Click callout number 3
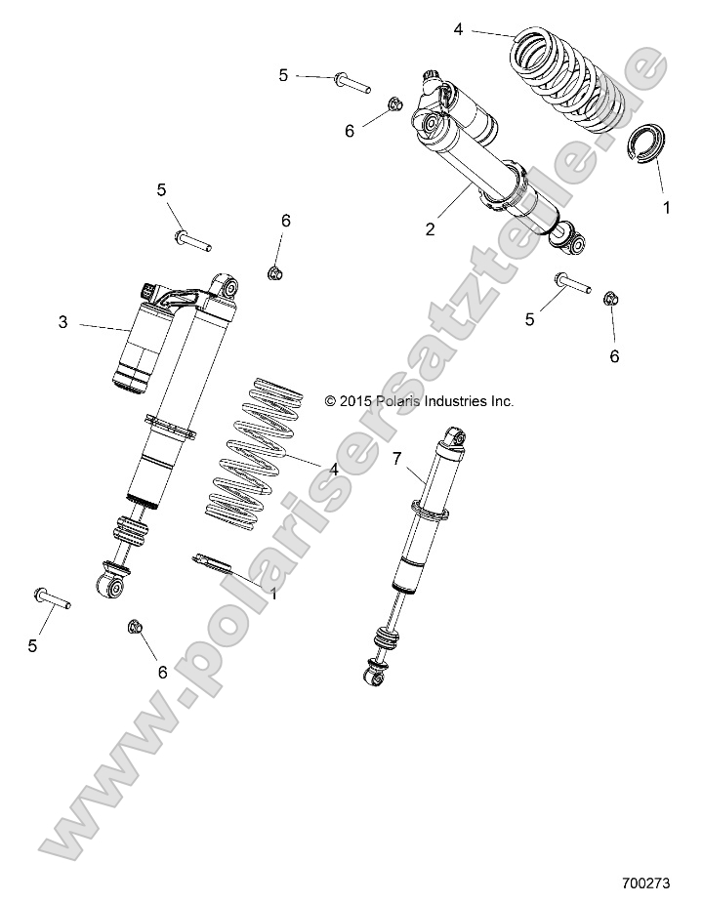pos(63,322)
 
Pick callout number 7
pos(396,458)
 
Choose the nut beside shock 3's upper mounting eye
pos(275,271)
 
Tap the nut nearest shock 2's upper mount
pos(395,105)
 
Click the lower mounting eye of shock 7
pos(374,674)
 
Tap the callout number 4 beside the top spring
pos(459,29)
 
